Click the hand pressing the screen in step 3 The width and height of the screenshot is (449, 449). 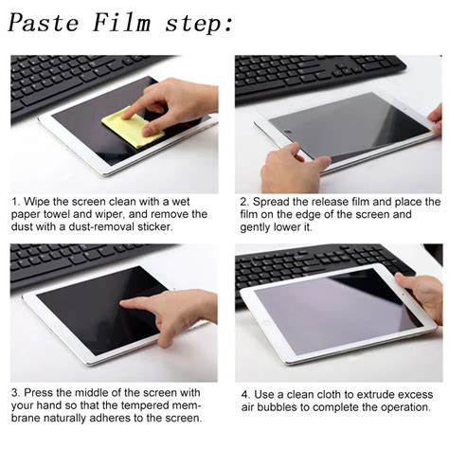[175, 313]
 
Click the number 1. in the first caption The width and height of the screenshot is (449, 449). [16, 202]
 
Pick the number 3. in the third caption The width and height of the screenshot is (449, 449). [16, 392]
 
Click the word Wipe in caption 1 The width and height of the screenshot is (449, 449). [39, 202]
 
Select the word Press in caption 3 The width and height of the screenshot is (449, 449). [41, 392]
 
